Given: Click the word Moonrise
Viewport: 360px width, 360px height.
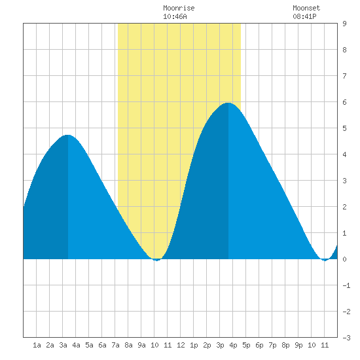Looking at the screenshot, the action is coord(179,9).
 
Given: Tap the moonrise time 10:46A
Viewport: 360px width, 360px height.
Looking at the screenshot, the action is coord(175,16).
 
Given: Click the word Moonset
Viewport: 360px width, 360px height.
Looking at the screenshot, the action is coord(306,9).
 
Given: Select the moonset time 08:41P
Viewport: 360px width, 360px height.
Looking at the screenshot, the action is coord(304,16).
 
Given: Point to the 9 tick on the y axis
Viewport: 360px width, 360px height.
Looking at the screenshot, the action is coord(344,24).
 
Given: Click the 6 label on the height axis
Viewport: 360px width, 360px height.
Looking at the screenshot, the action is coord(344,102).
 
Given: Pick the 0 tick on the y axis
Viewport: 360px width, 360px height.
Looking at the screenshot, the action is coord(344,259).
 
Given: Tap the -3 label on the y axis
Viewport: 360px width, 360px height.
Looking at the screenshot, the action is coord(346,338).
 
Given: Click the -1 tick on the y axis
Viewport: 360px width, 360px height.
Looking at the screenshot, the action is coord(346,285).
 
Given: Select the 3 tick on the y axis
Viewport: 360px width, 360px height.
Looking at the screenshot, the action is coord(344,181).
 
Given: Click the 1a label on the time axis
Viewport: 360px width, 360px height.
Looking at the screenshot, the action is coord(37,345).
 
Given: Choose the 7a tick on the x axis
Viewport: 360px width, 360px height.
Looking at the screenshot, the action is coord(115,345).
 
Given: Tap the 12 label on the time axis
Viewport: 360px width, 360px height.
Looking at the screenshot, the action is coord(181,345).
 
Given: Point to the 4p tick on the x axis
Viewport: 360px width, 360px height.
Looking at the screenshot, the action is coord(233,345).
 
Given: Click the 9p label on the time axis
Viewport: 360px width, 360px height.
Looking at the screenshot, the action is coord(298,345).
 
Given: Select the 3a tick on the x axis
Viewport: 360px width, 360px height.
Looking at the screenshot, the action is coord(63,345).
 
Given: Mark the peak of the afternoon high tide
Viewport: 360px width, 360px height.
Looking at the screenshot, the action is coord(228,103).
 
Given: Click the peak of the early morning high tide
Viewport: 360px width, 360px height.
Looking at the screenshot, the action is coord(68,135).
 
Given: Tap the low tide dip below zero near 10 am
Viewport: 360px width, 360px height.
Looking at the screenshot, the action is coord(156,260).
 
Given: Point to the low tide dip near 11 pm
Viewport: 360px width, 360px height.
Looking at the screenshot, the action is coord(325,260).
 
